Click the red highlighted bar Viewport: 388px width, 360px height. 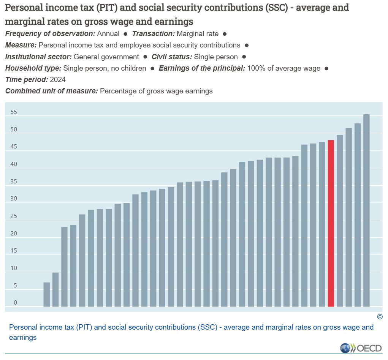click(331, 223)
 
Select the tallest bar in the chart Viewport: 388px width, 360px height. click(366, 210)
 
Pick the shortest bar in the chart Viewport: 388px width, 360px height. click(46, 294)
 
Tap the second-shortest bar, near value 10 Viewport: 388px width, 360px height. click(55, 289)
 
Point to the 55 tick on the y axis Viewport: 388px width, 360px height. click(14, 112)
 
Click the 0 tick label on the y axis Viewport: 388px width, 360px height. click(15, 302)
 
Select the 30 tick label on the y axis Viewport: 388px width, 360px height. click(14, 199)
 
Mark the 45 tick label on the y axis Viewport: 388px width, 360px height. click(14, 147)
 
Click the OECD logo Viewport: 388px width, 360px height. click(361, 348)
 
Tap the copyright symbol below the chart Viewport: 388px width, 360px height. click(380, 317)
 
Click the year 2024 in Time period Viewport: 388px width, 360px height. click(58, 80)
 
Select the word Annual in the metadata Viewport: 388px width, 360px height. click(108, 34)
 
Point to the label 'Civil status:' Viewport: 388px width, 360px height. click(172, 57)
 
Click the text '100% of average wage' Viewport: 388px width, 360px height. click(284, 68)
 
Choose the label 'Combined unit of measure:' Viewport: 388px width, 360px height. click(52, 91)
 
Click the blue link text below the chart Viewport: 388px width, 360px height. click(191, 332)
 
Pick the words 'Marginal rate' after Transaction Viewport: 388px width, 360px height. click(198, 34)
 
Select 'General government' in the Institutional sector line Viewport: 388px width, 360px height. click(106, 57)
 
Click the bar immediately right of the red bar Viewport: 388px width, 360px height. click(340, 221)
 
